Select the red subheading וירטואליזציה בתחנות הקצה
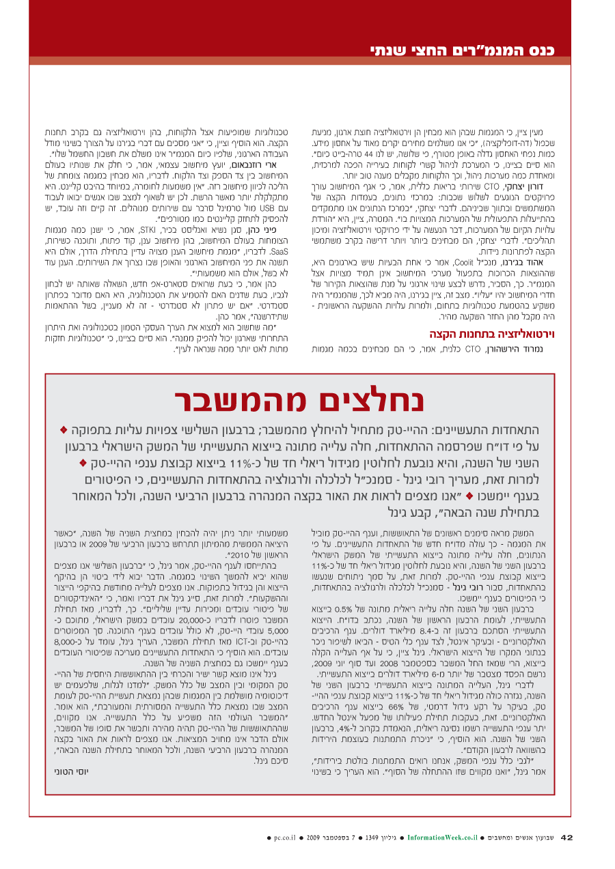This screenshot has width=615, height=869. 489,334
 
